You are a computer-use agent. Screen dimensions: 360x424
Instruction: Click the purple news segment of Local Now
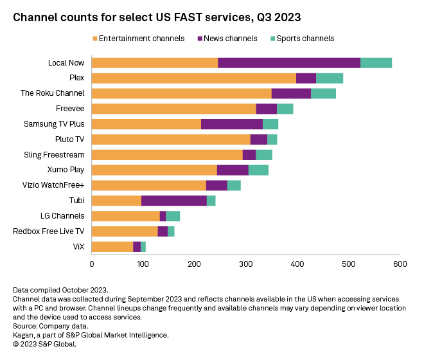(x=289, y=62)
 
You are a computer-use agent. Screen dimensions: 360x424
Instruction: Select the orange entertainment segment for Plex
(x=193, y=78)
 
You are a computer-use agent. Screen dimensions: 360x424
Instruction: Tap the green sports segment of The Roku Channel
(x=323, y=93)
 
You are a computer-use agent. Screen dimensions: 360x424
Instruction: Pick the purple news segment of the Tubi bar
(x=173, y=201)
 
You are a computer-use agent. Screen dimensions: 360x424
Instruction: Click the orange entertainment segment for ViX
(x=112, y=247)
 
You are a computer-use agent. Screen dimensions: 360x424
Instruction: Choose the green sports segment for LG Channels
(x=173, y=216)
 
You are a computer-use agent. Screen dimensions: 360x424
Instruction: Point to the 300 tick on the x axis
(x=246, y=264)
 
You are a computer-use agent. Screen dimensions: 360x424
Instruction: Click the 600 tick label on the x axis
(x=400, y=264)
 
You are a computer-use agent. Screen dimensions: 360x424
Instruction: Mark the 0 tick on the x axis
(x=92, y=264)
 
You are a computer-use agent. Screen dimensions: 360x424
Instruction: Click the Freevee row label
(x=70, y=109)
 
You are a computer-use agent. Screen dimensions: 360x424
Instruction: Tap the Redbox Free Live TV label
(x=49, y=231)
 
